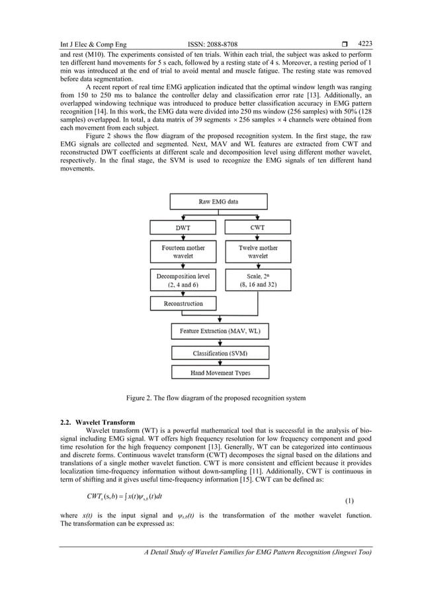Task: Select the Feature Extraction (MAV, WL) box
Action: [218, 330]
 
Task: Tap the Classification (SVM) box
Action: [218, 354]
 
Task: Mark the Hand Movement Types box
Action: [218, 373]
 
